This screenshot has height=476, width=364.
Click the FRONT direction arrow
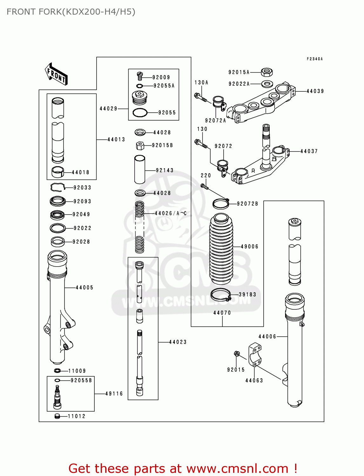click(57, 74)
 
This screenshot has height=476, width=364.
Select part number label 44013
click(116, 139)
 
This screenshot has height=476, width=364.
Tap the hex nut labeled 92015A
click(267, 72)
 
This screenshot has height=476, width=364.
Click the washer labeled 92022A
click(267, 84)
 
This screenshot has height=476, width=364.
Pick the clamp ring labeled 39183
click(220, 295)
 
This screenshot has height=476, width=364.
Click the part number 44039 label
click(315, 91)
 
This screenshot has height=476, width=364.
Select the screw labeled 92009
click(140, 76)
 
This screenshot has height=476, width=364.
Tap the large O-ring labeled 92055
click(140, 112)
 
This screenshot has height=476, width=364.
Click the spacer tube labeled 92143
click(140, 169)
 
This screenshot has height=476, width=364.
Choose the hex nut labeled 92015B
click(140, 146)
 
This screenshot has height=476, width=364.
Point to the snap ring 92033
click(57, 188)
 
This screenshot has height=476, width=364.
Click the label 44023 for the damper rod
click(178, 342)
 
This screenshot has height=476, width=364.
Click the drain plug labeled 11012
click(57, 416)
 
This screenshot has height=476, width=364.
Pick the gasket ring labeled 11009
click(57, 371)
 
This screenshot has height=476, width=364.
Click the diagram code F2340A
click(314, 59)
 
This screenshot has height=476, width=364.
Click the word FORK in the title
click(50, 12)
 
